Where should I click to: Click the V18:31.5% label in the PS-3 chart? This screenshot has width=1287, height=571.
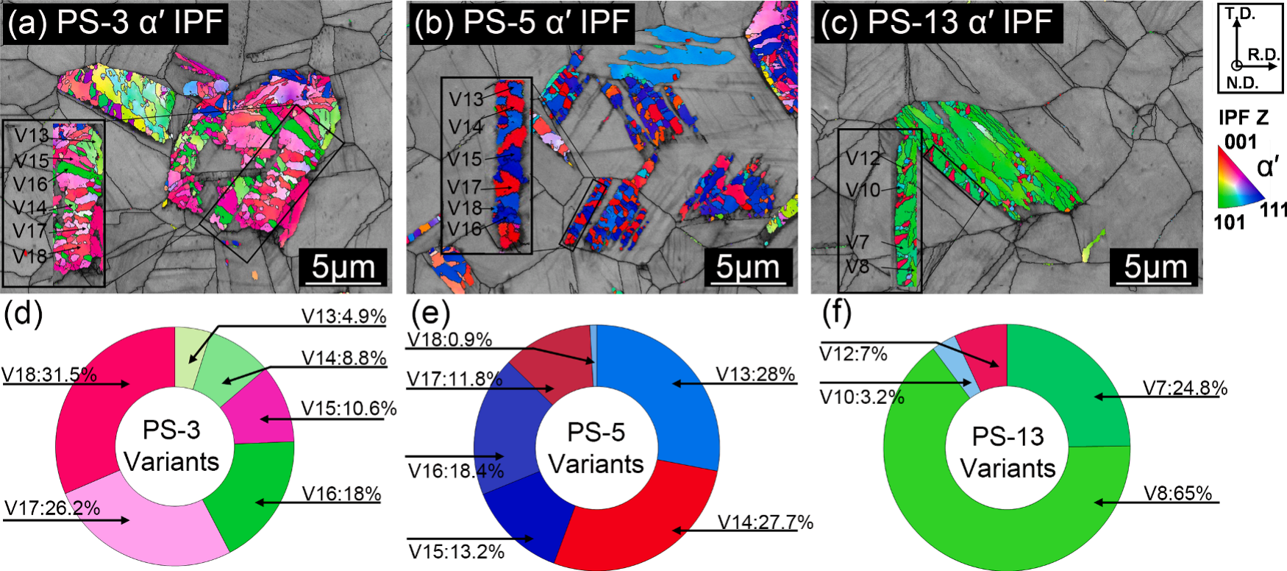[49, 375]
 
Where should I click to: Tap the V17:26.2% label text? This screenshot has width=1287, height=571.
[51, 508]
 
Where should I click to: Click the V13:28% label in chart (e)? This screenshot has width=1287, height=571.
[755, 375]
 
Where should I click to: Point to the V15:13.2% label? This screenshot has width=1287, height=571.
[456, 551]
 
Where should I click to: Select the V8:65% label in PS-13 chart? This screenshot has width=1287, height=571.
[1177, 493]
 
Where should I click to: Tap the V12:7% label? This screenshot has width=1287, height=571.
[853, 354]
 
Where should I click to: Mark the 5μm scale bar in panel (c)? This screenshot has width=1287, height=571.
[1155, 269]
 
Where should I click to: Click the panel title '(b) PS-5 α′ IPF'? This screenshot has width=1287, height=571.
[522, 23]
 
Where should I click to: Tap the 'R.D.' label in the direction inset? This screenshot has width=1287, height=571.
[1264, 55]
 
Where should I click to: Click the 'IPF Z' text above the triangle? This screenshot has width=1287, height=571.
[1243, 118]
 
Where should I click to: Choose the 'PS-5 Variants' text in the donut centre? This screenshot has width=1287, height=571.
[596, 448]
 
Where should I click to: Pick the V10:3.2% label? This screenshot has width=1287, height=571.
[861, 397]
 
